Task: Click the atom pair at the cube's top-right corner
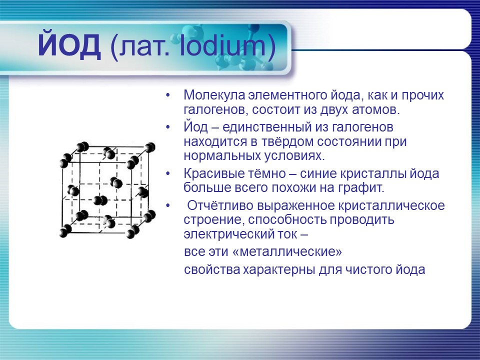click(x=149, y=147)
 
